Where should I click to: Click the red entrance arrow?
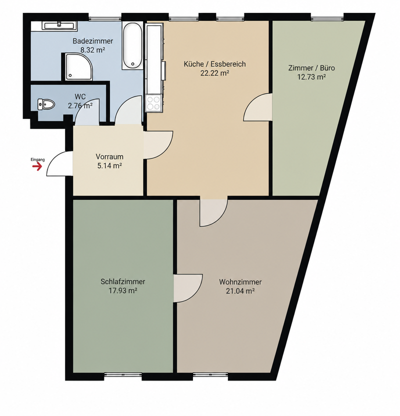[37, 166]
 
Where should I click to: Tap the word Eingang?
[37, 159]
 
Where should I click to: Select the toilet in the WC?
[46, 104]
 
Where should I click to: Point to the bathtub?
[132, 45]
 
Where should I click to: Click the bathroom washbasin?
[59, 25]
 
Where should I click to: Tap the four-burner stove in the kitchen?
[154, 103]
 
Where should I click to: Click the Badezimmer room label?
[93, 41]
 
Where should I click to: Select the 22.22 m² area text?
[215, 73]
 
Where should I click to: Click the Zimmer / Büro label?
[311, 68]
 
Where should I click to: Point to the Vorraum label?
[109, 156]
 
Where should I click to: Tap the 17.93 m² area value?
[123, 290]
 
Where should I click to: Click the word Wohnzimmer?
[240, 282]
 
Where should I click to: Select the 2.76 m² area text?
[80, 106]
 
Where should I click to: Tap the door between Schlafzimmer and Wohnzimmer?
[188, 288]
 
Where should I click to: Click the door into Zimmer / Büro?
[258, 107]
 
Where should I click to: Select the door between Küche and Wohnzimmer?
[214, 212]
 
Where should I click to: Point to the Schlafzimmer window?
[123, 374]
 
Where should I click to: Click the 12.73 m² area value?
[311, 77]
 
